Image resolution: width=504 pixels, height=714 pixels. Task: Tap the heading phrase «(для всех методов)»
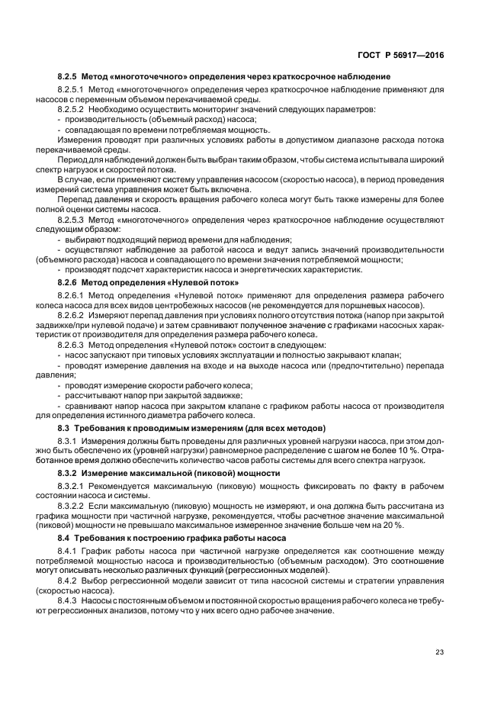[x=281, y=428]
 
